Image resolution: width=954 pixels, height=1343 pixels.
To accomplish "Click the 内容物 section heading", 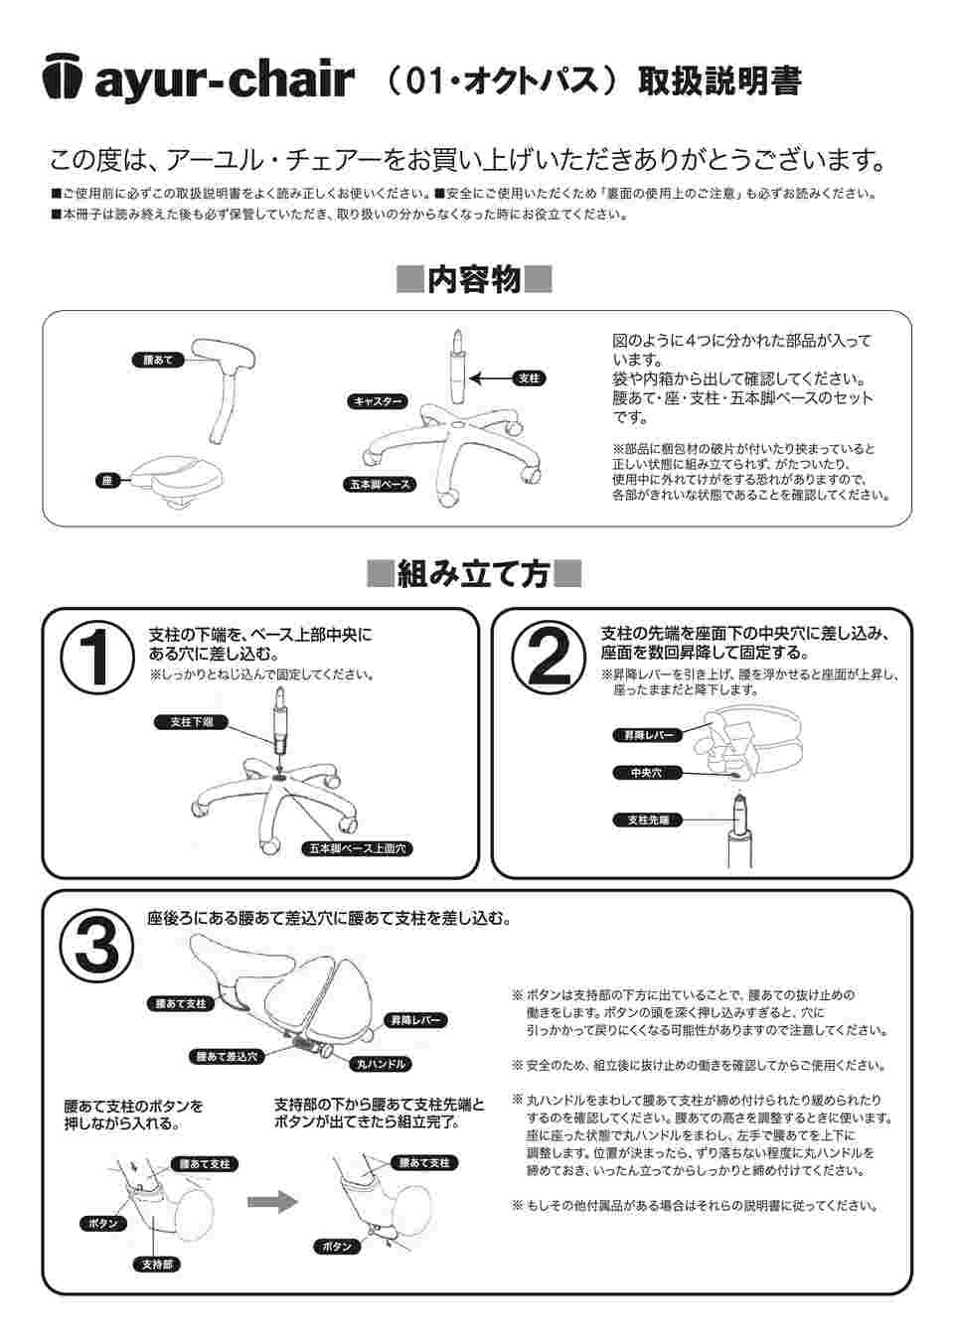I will pos(474,280).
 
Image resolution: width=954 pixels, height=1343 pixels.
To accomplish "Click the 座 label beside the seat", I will pos(106,481).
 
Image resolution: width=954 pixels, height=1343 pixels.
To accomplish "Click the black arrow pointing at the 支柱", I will pos(489,378).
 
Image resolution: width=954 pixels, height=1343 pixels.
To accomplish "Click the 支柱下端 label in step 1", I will pos(192,722).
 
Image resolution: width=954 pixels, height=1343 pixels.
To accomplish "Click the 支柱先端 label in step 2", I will pos(649,820).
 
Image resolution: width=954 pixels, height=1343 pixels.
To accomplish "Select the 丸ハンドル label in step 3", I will pos(383,1063).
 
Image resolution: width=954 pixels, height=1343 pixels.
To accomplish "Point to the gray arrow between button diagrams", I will pos(271,1202).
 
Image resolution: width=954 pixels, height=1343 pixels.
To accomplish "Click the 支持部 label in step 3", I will pos(155,1265).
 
